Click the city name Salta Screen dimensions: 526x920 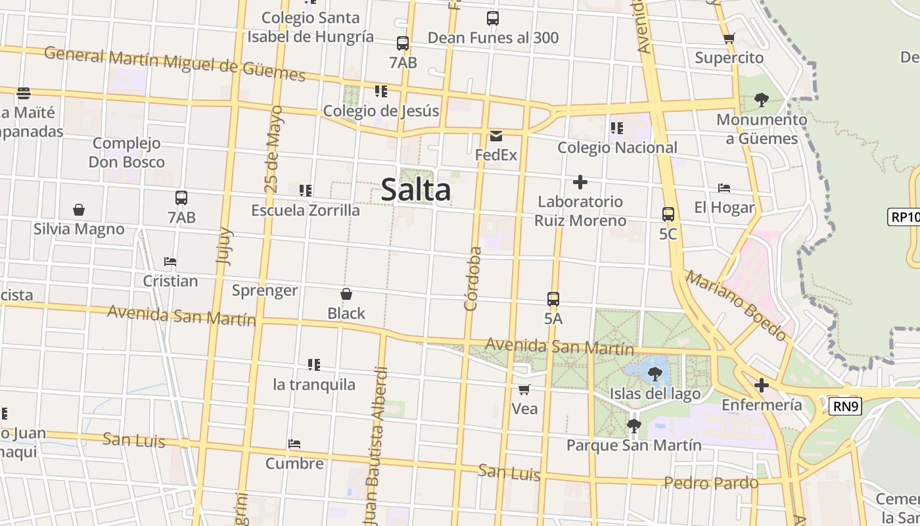tap(416, 190)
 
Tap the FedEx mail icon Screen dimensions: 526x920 tap(496, 136)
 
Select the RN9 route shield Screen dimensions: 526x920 tap(846, 406)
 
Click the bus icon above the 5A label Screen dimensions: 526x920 tap(553, 299)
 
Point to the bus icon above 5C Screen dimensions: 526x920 tap(668, 214)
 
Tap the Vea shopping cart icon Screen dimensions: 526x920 tap(524, 389)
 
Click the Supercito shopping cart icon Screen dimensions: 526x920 tap(729, 39)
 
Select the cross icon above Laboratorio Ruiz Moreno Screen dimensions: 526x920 tap(580, 181)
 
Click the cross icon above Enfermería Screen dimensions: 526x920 tap(762, 385)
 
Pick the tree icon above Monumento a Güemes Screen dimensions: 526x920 tap(762, 100)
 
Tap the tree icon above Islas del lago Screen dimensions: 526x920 tap(655, 374)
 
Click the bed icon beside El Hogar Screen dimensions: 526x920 tap(724, 188)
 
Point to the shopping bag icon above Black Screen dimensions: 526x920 tap(346, 294)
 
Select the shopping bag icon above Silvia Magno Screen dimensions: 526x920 tap(79, 210)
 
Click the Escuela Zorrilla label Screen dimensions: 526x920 tap(306, 210)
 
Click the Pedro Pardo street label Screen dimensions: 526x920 tap(711, 483)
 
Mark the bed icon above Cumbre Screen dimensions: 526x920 tap(294, 444)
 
